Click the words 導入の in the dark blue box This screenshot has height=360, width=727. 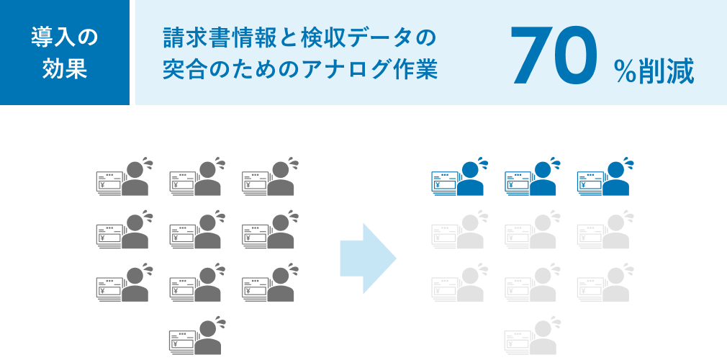coord(65,37)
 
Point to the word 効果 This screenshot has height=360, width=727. coord(65,70)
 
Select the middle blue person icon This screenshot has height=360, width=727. coord(543,180)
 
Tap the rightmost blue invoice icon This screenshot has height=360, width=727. coord(590,184)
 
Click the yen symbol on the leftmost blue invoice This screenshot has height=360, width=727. coord(438,185)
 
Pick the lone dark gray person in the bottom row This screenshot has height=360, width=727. coord(208,338)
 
